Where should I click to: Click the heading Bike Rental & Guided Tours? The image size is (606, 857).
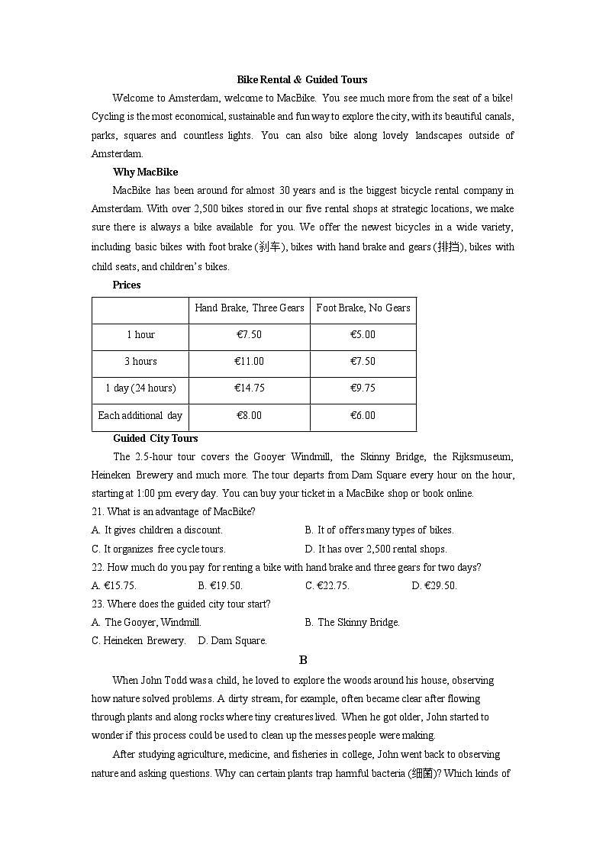pos(302,79)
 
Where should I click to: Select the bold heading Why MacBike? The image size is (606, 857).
pos(145,172)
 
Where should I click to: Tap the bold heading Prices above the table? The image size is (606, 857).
pos(127,285)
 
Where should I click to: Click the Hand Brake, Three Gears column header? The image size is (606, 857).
pos(249,308)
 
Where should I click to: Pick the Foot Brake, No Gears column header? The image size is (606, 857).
pos(363,308)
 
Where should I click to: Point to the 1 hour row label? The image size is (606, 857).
pos(140,335)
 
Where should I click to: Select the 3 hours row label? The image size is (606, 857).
pos(140,362)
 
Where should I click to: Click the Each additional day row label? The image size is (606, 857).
pos(140,416)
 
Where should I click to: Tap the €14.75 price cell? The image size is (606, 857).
pos(249,388)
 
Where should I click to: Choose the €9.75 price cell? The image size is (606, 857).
pos(363,388)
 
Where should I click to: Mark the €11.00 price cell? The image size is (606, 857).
pos(249,362)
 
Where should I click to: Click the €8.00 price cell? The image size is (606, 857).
pos(249,416)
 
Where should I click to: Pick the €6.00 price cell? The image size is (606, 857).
pos(363,416)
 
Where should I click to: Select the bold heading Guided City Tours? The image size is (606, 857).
pos(155,438)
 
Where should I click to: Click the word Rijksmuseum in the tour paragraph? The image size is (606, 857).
pos(484,457)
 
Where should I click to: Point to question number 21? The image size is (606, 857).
pos(98,511)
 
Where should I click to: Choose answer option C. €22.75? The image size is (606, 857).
pos(327,586)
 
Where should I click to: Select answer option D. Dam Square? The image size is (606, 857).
pos(232,641)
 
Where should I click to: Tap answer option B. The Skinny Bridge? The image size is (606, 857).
pos(352,623)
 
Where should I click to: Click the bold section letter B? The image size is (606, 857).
pos(303,660)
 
